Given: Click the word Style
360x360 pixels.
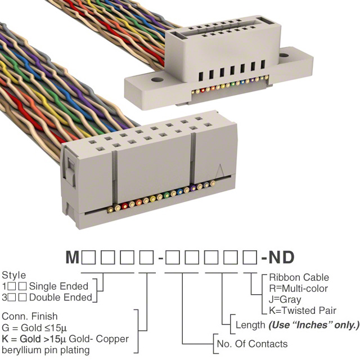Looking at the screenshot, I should [13, 276].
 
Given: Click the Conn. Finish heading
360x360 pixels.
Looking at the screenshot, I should [29, 317].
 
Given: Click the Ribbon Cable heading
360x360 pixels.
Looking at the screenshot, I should [299, 277].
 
